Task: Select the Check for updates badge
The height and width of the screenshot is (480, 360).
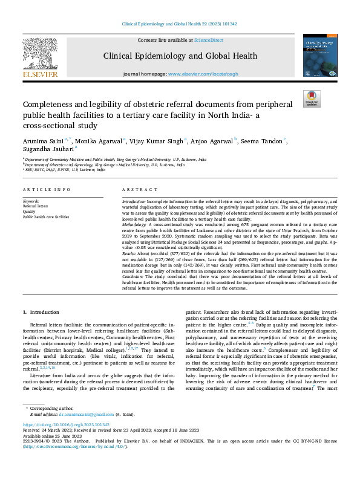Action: point(312,99)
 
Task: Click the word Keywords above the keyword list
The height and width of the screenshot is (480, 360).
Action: point(31,200)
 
